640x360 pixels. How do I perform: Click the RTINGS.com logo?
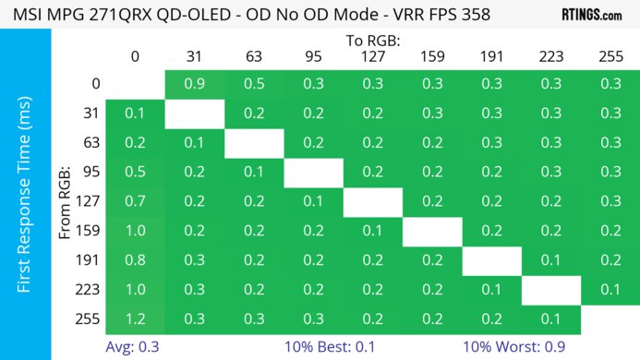591,15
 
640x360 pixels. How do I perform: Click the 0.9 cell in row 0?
194,84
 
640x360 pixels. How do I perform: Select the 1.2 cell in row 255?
135,320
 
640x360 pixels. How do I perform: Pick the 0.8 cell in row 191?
135,261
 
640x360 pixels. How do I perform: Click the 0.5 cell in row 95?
135,173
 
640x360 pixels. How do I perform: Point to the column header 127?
371,56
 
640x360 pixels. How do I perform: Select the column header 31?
194,56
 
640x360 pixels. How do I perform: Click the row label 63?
91,143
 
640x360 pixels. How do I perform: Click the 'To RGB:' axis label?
372,41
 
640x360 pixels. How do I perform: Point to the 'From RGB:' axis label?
65,202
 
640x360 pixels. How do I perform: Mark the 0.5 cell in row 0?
253,84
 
